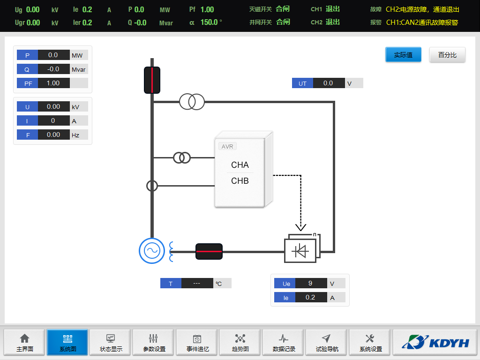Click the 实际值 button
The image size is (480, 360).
point(403,55)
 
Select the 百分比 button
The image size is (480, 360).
point(447,55)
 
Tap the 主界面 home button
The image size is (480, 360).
point(25,343)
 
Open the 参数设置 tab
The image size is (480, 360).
point(154,343)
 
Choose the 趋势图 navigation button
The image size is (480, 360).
point(240,343)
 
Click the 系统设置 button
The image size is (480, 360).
point(370,343)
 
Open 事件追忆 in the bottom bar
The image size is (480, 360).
point(197,343)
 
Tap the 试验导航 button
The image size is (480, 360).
point(327,343)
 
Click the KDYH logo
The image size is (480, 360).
point(435,343)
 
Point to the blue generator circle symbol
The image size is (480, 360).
point(152,251)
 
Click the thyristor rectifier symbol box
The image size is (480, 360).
point(300,251)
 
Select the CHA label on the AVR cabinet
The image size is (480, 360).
point(240,165)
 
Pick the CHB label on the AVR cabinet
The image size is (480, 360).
point(240,181)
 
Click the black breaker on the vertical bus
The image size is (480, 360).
point(152,80)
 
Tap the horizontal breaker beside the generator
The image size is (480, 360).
point(209,251)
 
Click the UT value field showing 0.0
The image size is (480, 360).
point(328,83)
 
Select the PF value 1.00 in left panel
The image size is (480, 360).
point(53,83)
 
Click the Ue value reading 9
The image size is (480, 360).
point(311,284)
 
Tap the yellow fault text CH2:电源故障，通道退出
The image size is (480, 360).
point(422,9)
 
